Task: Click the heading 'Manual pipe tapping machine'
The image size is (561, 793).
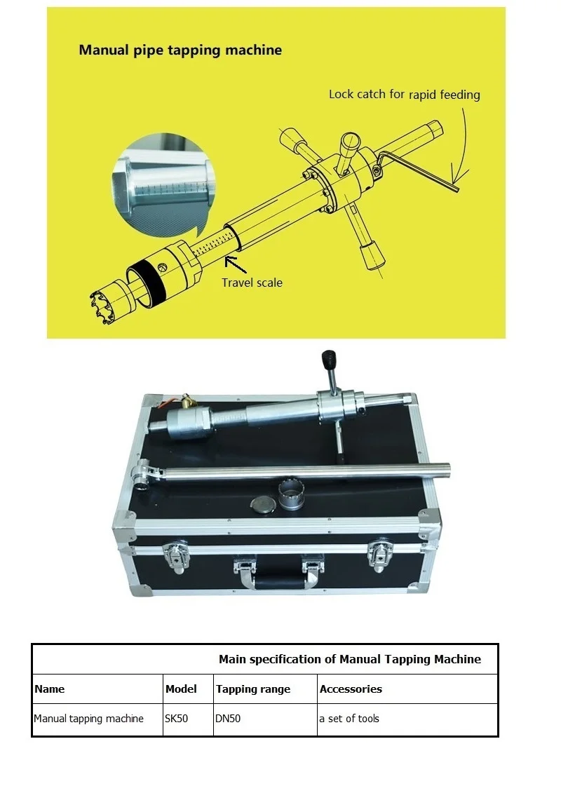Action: pos(180,50)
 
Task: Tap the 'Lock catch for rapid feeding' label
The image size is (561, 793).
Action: pos(405,94)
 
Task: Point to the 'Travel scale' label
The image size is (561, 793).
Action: pos(252,283)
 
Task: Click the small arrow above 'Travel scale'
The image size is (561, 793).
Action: pos(235,264)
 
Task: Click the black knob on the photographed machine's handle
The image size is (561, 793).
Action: pos(326,359)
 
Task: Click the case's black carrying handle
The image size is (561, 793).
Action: pos(278,583)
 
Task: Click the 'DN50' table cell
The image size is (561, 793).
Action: pos(229,719)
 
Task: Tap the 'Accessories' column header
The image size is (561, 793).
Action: pos(351,689)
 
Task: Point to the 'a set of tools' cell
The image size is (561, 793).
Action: pos(349,719)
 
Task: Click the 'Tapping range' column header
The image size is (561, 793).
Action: pos(253,689)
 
